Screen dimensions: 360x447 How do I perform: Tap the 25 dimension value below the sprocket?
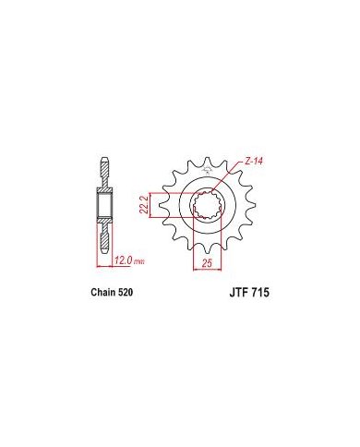[x=208, y=262]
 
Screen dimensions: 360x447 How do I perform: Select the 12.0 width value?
[x=124, y=260]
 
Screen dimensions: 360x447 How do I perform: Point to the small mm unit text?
[x=139, y=262]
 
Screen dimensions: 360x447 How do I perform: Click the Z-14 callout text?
[x=253, y=161]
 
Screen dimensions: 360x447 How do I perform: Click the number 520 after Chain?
[x=126, y=292]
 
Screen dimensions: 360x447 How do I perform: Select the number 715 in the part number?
[x=260, y=293]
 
